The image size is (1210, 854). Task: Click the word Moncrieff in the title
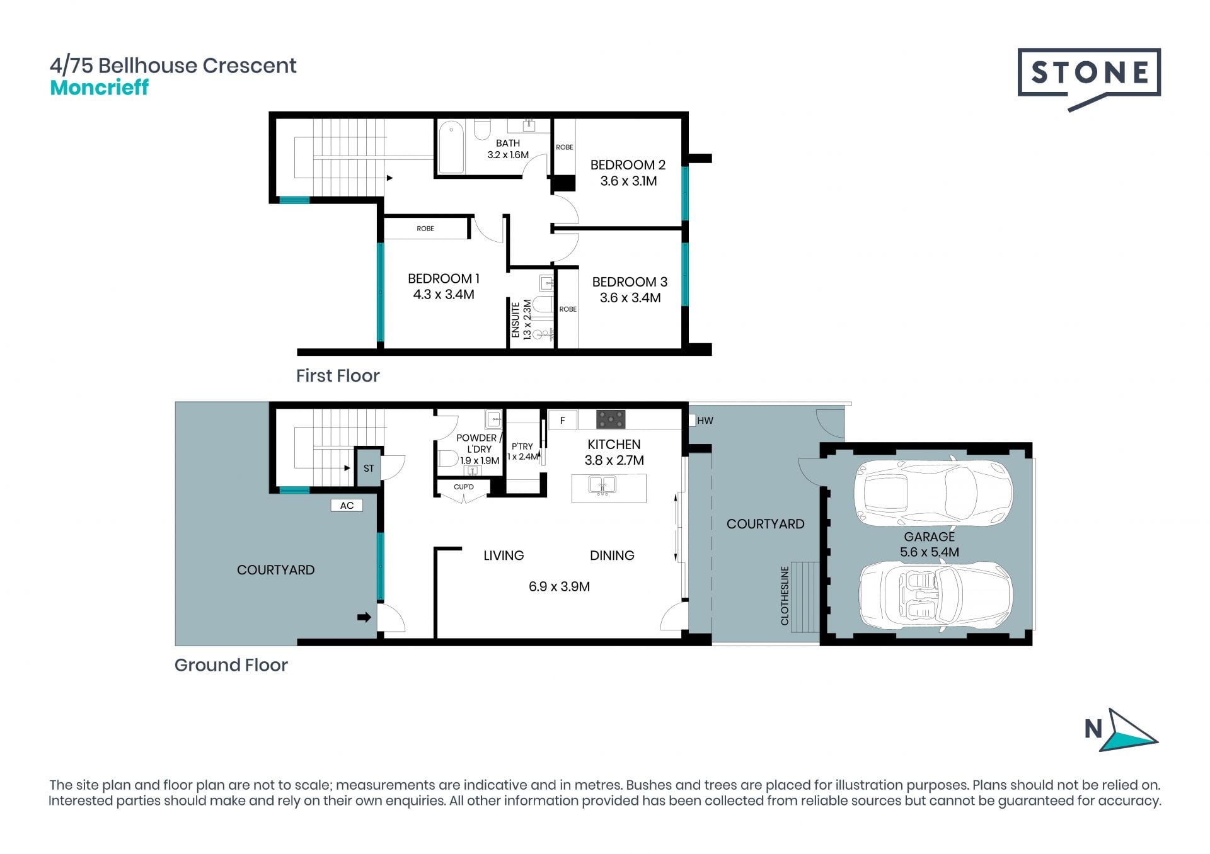pyautogui.click(x=99, y=88)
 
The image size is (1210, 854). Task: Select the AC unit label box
pyautogui.click(x=347, y=505)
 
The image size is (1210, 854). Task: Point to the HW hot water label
pyautogui.click(x=705, y=421)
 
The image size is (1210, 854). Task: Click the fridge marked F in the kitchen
pyautogui.click(x=563, y=420)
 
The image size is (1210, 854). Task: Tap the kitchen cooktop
pyautogui.click(x=611, y=419)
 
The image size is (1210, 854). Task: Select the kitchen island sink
pyautogui.click(x=602, y=485)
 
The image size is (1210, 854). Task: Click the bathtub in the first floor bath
pyautogui.click(x=451, y=147)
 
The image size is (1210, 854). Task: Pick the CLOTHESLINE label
pyautogui.click(x=785, y=596)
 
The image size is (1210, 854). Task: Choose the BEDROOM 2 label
pyautogui.click(x=628, y=165)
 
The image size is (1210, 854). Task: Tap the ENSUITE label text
pyautogui.click(x=516, y=320)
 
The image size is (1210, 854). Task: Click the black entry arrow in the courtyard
pyautogui.click(x=364, y=617)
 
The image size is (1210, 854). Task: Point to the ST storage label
pyautogui.click(x=369, y=469)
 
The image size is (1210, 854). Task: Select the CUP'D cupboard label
pyautogui.click(x=464, y=487)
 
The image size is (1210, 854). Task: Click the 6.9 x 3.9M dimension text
pyautogui.click(x=560, y=587)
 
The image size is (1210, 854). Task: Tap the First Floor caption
pyautogui.click(x=338, y=376)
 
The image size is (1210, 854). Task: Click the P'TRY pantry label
pyautogui.click(x=522, y=446)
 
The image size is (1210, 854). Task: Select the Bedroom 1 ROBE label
pyautogui.click(x=425, y=229)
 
